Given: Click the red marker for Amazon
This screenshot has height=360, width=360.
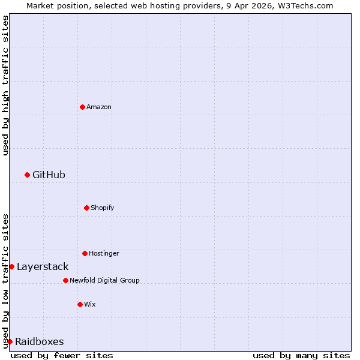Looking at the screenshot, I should tap(82, 107).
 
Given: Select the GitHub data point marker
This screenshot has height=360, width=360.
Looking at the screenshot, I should tap(27, 175).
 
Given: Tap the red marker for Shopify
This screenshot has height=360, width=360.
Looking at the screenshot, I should tap(86, 208).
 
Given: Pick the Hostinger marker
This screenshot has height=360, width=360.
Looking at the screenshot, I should tap(85, 253).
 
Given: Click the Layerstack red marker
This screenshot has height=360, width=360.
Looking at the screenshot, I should tap(11, 266).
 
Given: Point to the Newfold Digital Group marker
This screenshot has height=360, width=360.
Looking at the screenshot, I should tap(65, 280).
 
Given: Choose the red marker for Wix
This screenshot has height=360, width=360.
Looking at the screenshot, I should tap(80, 304).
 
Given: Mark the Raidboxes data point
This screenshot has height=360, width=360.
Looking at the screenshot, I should tap(10, 341).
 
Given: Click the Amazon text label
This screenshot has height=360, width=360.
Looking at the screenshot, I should tap(99, 107).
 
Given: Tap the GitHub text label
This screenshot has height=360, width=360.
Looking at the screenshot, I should tap(49, 175).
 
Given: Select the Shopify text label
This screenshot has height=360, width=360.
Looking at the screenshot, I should tap(103, 208).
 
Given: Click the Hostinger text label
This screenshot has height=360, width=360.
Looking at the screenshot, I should tap(104, 253).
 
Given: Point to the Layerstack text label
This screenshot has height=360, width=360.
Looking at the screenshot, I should tap(43, 266).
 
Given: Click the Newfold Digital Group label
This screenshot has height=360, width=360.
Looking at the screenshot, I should tap(104, 280).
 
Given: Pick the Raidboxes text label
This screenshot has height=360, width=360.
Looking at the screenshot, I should tap(40, 341).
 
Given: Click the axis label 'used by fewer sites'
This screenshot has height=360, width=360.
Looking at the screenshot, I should tap(62, 355).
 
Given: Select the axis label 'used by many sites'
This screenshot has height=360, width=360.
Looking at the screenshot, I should tap(301, 355).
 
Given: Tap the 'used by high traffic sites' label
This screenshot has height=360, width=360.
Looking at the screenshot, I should tap(5, 85).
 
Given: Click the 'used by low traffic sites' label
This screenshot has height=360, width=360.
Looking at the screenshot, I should tap(5, 280).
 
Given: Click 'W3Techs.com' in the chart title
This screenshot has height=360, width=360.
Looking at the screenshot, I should tap(305, 5).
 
